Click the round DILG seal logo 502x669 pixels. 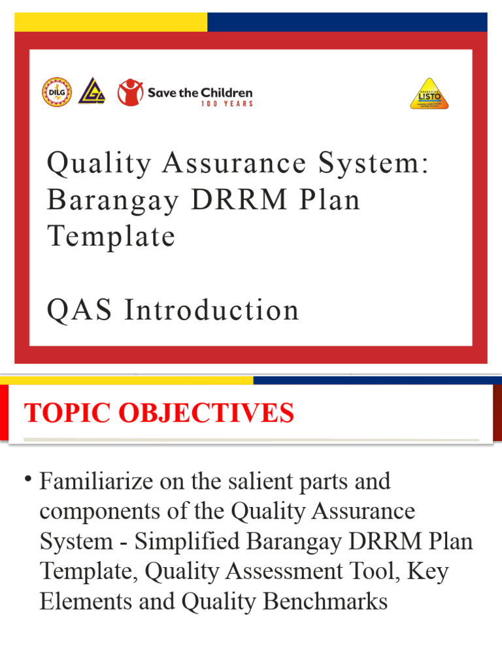tap(57, 92)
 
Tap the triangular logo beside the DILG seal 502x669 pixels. tap(92, 92)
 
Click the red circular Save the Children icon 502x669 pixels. tap(130, 92)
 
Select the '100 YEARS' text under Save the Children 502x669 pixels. tap(226, 104)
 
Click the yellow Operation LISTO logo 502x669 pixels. tap(429, 93)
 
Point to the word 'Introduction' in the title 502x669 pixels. tap(212, 310)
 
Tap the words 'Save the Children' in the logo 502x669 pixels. tap(199, 92)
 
